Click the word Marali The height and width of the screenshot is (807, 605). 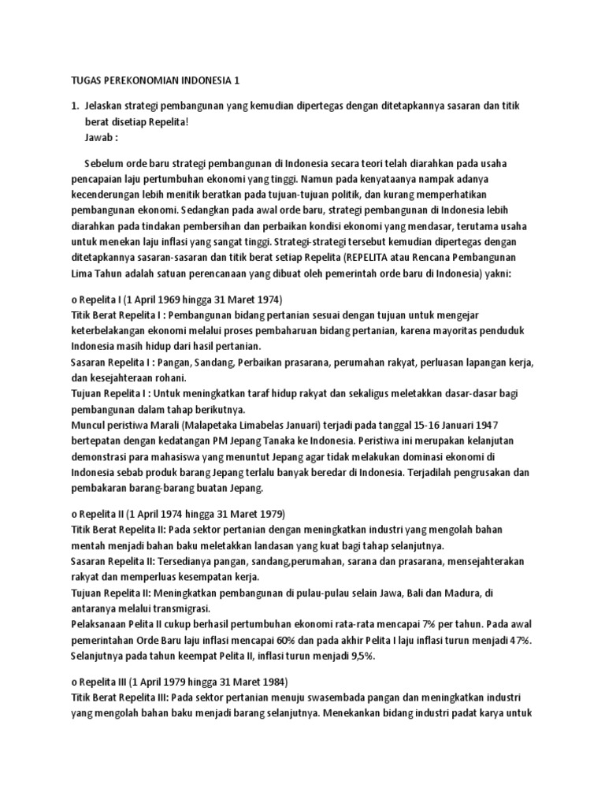point(173,424)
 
